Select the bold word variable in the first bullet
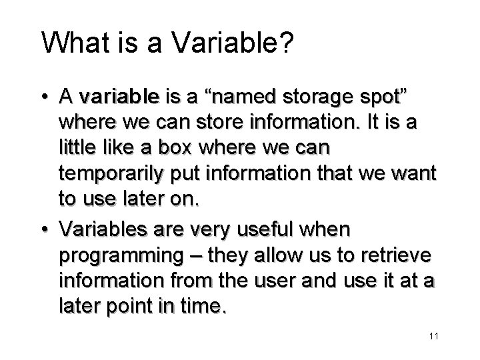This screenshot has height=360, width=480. (118, 98)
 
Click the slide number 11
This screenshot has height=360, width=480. (433, 336)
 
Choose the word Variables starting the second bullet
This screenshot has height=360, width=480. (99, 229)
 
